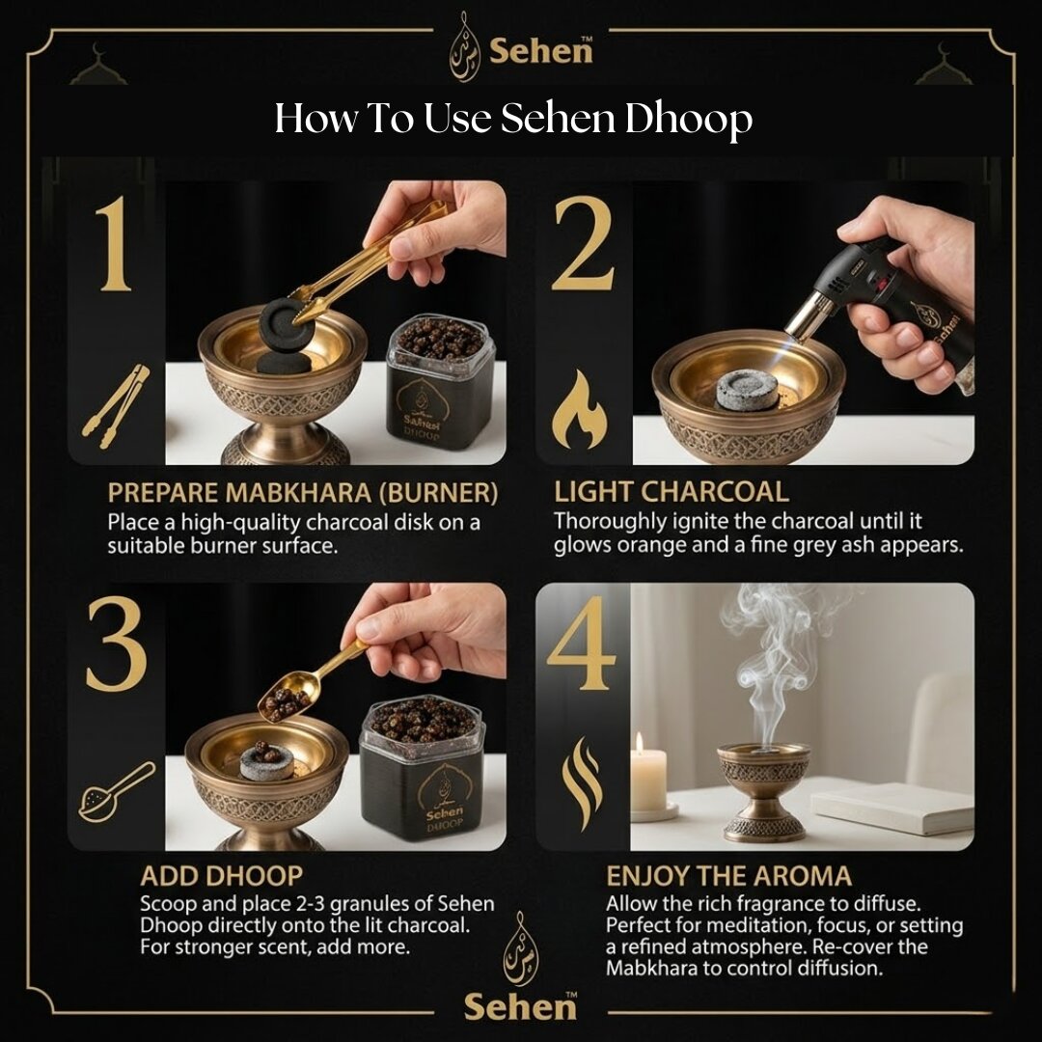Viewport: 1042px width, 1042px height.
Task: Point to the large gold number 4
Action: point(581,644)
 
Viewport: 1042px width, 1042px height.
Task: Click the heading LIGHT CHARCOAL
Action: point(671,491)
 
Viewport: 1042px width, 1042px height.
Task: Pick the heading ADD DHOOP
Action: point(221,876)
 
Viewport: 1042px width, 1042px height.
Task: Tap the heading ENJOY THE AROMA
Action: point(728,876)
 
